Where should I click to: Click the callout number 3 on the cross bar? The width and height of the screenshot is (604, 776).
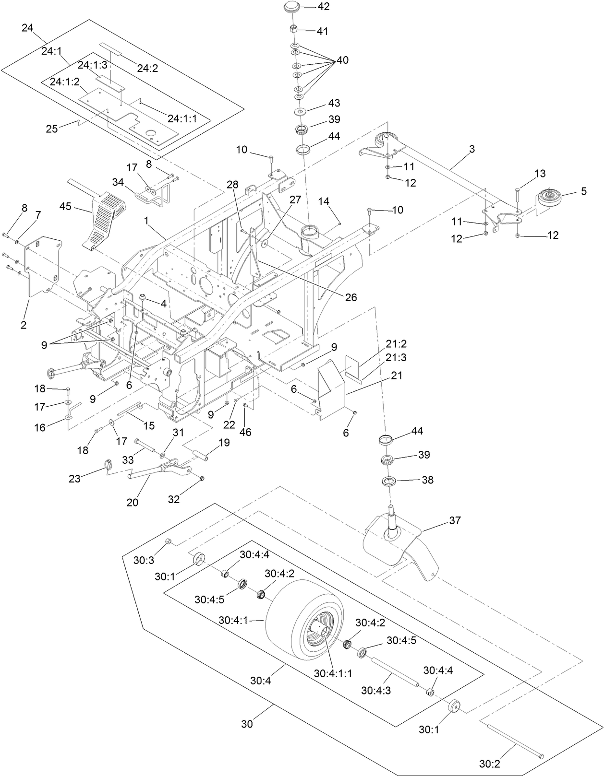pyautogui.click(x=472, y=149)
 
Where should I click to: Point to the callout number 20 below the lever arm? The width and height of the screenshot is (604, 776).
pyautogui.click(x=132, y=502)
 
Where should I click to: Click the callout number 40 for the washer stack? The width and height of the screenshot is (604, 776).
pyautogui.click(x=342, y=60)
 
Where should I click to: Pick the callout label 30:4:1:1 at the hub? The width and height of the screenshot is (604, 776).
pyautogui.click(x=333, y=673)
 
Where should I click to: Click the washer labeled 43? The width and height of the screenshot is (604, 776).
pyautogui.click(x=301, y=112)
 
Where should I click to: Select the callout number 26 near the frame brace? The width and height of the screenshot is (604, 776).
pyautogui.click(x=351, y=297)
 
